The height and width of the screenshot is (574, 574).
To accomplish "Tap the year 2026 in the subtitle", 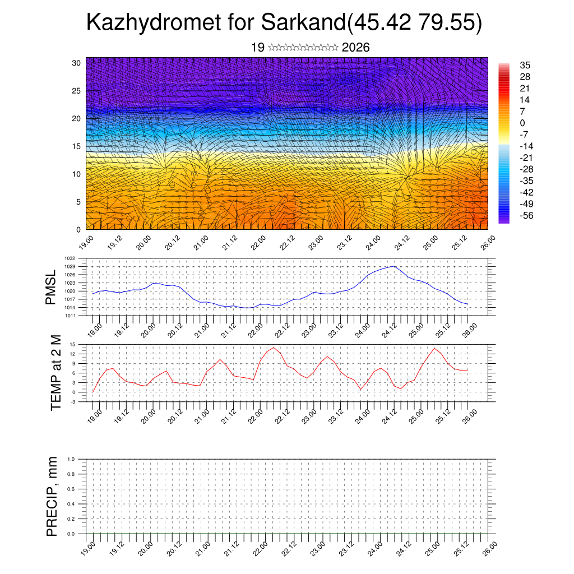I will tap(355, 48).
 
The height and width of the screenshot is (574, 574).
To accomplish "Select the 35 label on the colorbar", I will tap(525, 65).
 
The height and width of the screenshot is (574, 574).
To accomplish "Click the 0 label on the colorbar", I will tap(522, 123).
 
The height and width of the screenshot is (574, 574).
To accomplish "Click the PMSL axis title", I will tap(51, 287).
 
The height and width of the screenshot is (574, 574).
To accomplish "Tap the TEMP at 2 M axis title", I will tap(55, 373).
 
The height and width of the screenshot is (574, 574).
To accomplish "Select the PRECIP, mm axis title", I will tap(52, 496).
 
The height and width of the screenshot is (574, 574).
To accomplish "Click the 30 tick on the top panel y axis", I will tap(77, 63).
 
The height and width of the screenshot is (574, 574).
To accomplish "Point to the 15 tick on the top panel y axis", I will tap(77, 146).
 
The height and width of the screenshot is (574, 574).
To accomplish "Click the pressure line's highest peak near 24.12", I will tap(395, 266).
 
